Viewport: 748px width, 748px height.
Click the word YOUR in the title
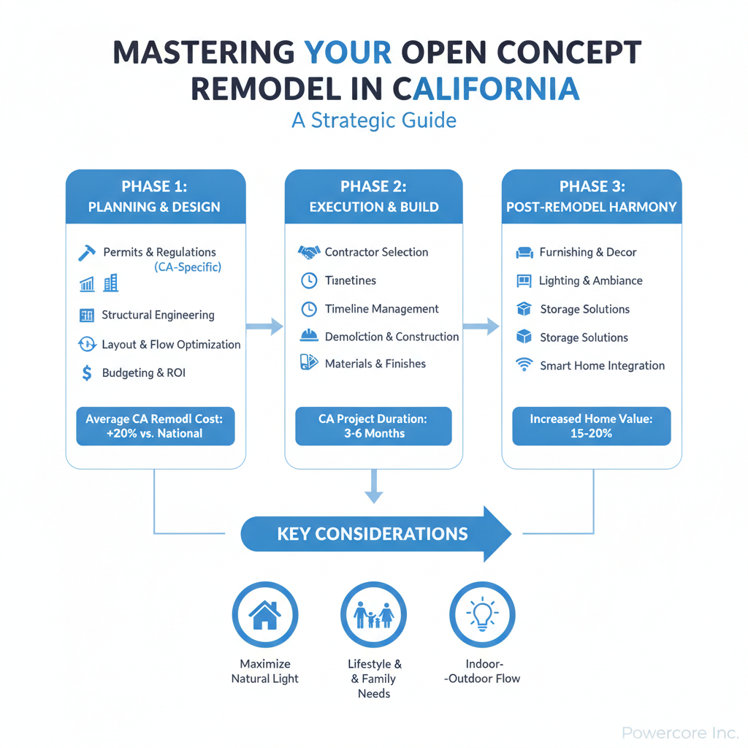(348, 52)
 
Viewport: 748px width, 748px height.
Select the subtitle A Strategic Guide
(374, 121)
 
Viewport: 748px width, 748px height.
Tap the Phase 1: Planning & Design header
(156, 196)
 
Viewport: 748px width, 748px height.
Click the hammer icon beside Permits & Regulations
(87, 253)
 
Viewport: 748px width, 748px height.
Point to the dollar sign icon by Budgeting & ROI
(87, 373)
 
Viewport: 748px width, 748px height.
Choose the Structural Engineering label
(158, 315)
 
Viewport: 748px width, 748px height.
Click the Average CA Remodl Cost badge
(156, 426)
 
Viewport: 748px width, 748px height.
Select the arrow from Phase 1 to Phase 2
(264, 327)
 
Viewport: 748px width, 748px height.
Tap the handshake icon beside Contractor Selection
(309, 252)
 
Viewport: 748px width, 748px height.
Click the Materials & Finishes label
(375, 364)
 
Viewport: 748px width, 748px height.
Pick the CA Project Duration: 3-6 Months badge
(373, 426)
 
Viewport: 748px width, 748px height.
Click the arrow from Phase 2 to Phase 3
(481, 327)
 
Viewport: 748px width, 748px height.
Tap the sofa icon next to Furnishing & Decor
(524, 252)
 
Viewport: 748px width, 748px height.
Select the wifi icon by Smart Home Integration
(524, 365)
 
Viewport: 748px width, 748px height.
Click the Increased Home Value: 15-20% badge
(592, 426)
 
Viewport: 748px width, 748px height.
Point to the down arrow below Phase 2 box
(374, 486)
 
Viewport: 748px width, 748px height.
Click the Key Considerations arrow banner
(376, 534)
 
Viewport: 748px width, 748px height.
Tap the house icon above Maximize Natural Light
(265, 614)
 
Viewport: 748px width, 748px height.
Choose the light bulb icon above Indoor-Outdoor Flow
(482, 614)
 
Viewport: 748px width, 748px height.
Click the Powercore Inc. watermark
(680, 732)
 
